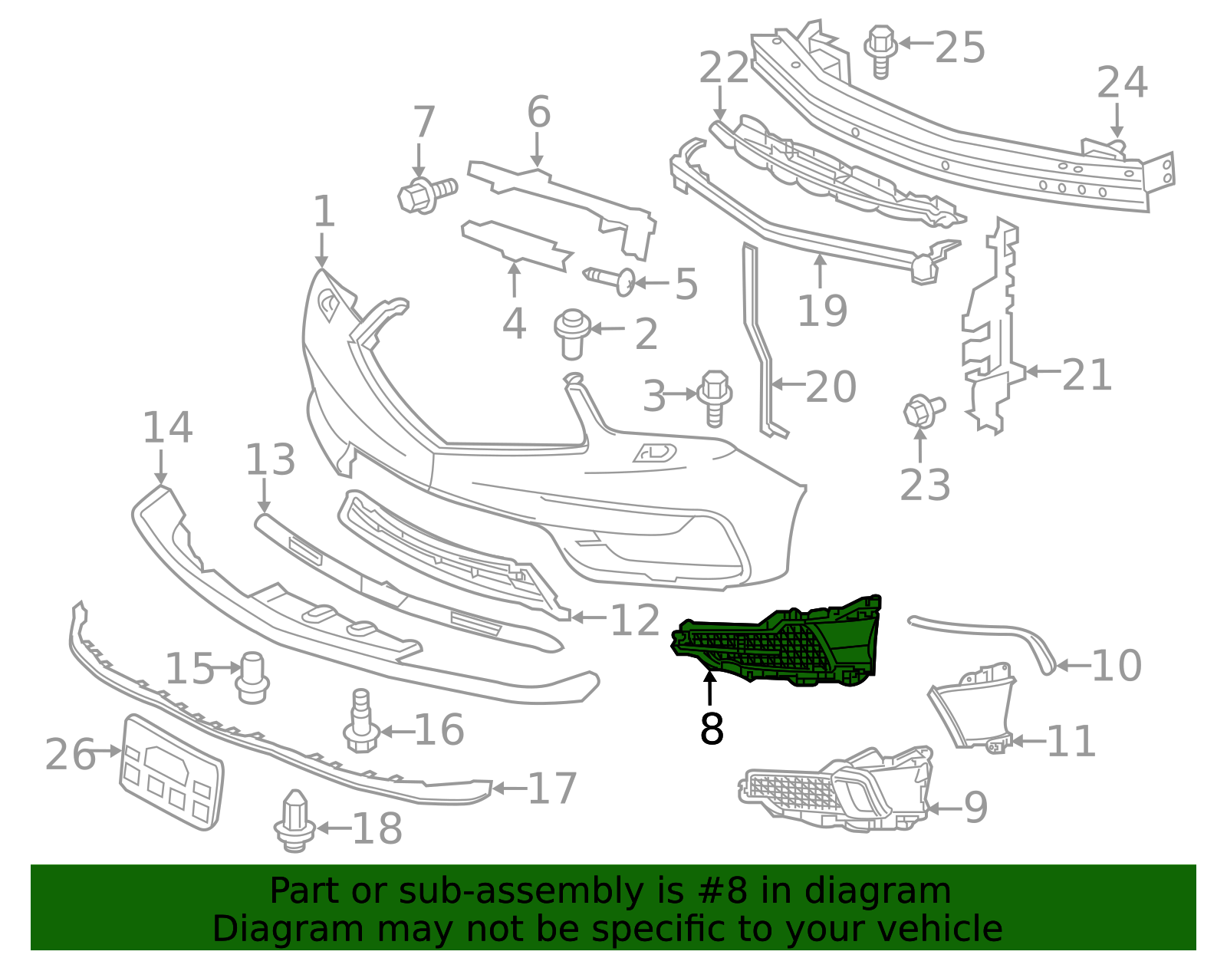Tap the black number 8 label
[x=712, y=729]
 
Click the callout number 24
[x=1122, y=82]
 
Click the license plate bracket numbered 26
[x=172, y=771]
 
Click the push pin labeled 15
[x=252, y=677]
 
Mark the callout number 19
[x=822, y=310]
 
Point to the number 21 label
[x=1087, y=375]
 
